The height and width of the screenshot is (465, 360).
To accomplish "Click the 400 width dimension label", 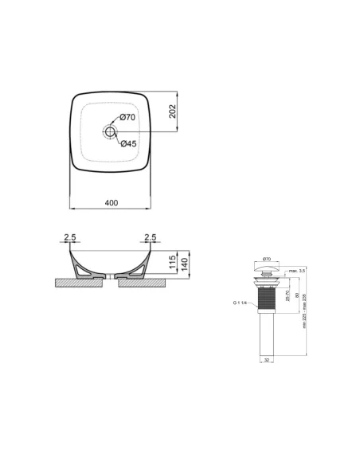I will tap(111, 202).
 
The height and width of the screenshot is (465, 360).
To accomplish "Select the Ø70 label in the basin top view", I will tap(129, 118).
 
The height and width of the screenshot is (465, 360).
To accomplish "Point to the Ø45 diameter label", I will tap(129, 144).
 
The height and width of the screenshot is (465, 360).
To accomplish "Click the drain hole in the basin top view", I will tap(110, 131).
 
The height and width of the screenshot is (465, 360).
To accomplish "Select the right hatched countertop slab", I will tap(147, 281).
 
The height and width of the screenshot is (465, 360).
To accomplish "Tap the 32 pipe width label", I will tap(267, 360).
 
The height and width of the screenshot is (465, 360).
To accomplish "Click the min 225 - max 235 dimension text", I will tap(304, 315).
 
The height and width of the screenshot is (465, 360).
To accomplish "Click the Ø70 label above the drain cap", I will tap(268, 259).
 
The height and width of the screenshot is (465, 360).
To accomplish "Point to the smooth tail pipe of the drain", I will tap(268, 338).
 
